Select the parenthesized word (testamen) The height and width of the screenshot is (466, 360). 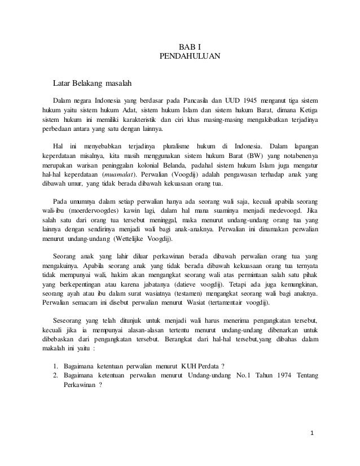(x=192, y=293)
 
